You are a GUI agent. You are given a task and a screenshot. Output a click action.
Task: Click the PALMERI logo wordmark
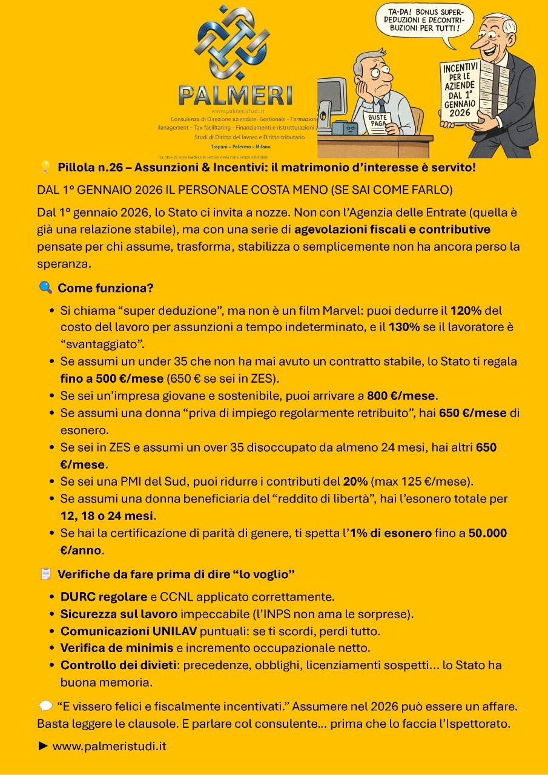coord(235,95)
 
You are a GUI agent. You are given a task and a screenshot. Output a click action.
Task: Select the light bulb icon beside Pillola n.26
coord(45,167)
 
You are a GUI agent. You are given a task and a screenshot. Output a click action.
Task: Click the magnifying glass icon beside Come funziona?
coord(45,288)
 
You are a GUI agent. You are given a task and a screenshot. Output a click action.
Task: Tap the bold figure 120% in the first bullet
coord(466,311)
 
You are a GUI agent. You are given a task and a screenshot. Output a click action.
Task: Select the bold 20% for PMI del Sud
coord(355,482)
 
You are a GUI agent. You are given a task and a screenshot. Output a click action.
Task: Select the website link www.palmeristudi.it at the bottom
coord(109,746)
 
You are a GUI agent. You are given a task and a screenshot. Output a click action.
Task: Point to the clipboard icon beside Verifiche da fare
coord(45,573)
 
